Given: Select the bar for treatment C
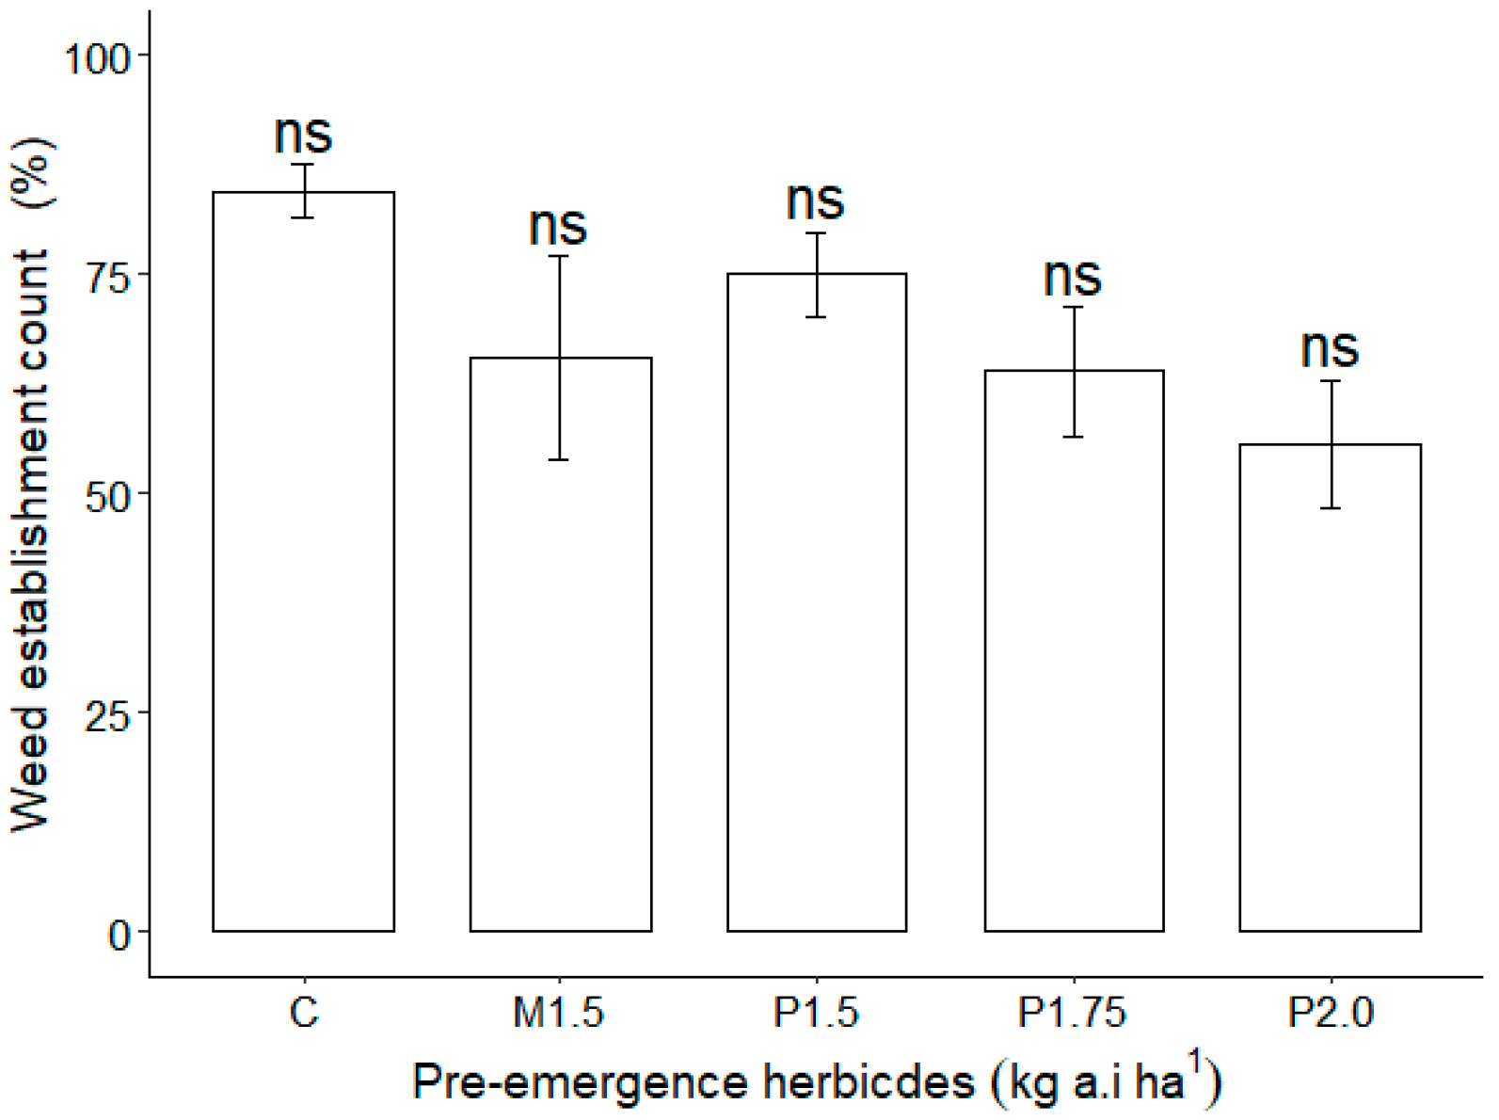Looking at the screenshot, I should click(303, 565).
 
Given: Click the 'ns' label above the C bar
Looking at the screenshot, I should click(303, 135).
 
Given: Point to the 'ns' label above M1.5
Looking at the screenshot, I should click(558, 227).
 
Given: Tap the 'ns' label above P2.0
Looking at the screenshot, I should click(1330, 349).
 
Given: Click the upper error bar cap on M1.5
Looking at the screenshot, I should click(560, 256).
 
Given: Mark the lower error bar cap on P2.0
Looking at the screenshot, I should click(1330, 508).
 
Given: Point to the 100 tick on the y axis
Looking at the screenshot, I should click(95, 57).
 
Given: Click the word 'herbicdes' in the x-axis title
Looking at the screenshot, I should click(868, 1082).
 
